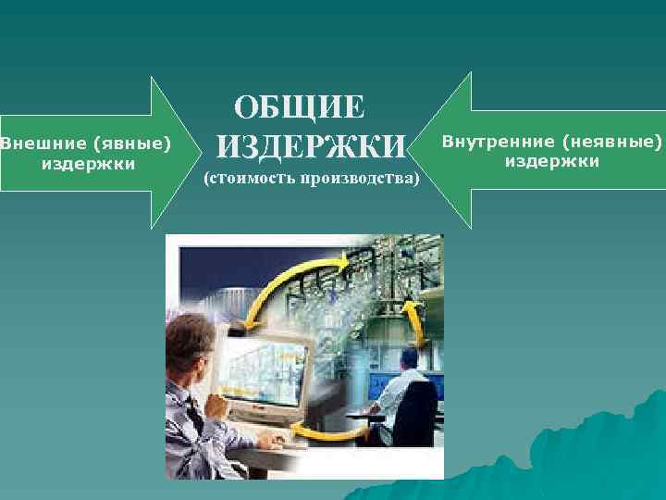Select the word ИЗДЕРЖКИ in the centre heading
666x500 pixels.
pos(311,146)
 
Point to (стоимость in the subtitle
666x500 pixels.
pos(247,178)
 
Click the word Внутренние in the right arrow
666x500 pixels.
pos(499,142)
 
